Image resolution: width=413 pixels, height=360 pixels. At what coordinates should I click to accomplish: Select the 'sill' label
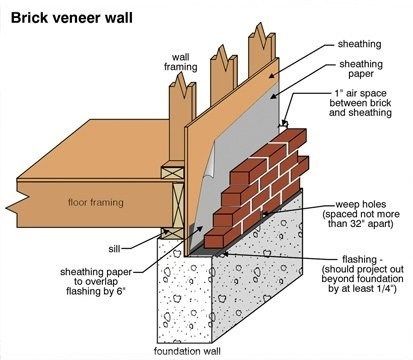(x=116, y=242)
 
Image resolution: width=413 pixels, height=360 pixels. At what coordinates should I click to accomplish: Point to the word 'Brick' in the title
(x=32, y=16)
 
